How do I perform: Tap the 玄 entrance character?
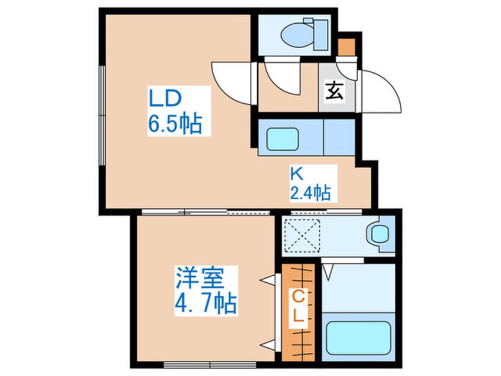tap(334, 91)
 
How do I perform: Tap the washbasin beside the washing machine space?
tap(377, 233)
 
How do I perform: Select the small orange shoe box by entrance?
tap(347, 45)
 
